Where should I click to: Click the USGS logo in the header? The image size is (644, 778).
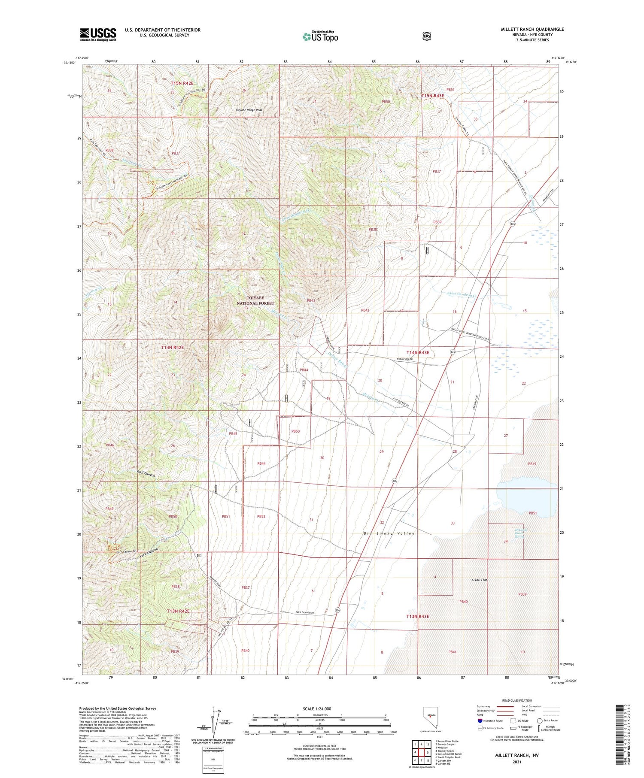tap(98, 34)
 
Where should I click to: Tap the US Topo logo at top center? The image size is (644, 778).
tap(320, 36)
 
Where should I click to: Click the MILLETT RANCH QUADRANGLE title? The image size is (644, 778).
tap(532, 29)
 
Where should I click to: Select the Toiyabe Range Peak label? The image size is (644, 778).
tap(249, 110)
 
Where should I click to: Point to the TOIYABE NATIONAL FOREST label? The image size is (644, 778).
tap(255, 300)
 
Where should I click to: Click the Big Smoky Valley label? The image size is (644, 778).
tap(389, 533)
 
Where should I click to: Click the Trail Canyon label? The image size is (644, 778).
tap(146, 474)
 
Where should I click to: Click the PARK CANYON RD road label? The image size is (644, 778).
tap(308, 613)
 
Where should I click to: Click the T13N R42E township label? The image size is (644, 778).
tap(178, 611)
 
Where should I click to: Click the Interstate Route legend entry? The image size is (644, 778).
tap(490, 721)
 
